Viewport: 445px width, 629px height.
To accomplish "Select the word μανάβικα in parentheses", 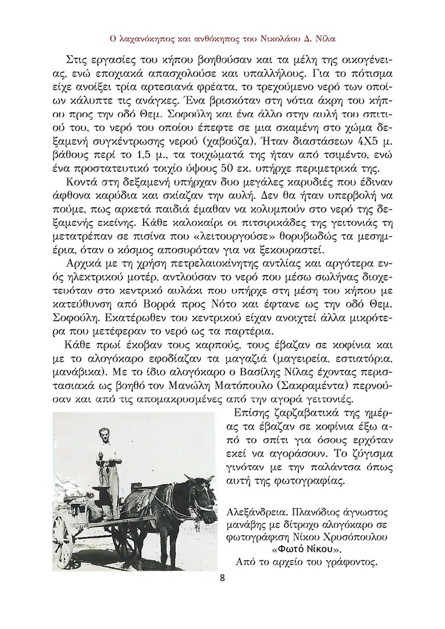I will tap(78, 374).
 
